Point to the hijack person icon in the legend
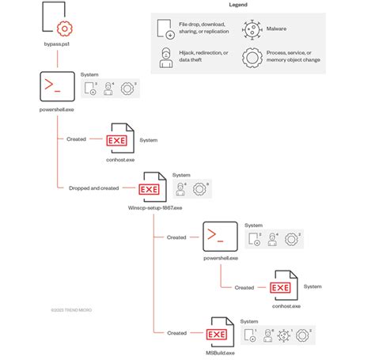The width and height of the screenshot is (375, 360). [x=166, y=57]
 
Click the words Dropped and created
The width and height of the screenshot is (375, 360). [x=93, y=188]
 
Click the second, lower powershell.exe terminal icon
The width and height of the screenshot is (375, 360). [x=221, y=236]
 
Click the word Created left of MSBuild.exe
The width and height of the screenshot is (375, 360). [x=176, y=333]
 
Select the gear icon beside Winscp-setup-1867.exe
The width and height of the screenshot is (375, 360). [x=200, y=189]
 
